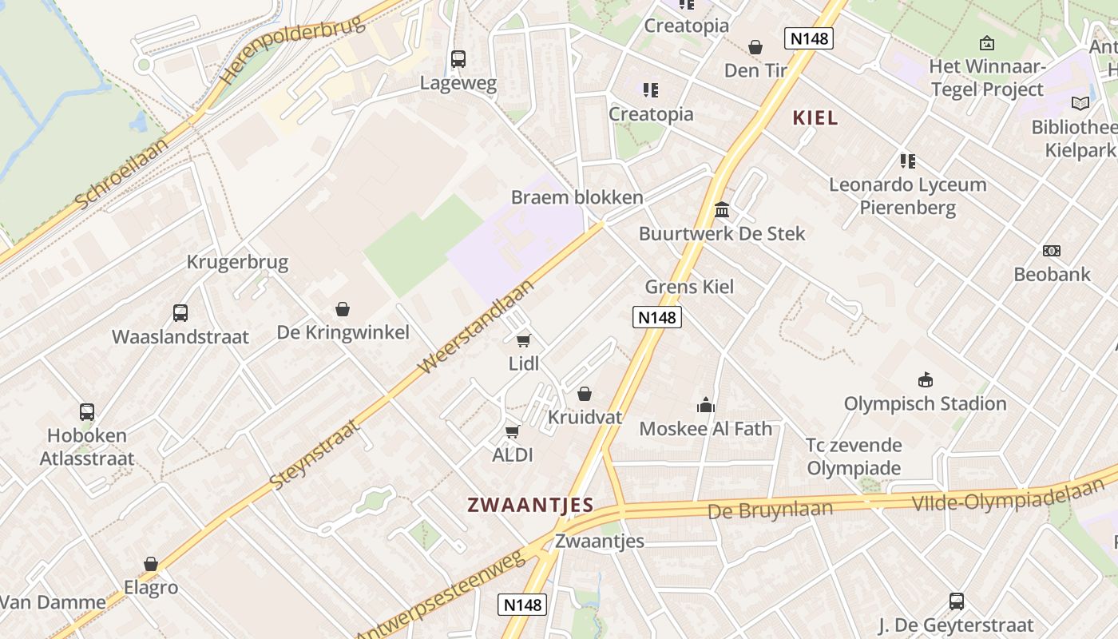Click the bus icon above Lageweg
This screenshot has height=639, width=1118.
(458, 59)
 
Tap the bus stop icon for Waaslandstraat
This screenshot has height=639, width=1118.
(180, 313)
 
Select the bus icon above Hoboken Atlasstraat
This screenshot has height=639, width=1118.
(87, 412)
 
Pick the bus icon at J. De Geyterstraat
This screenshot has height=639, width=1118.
(956, 601)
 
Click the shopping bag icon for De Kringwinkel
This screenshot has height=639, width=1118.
(343, 309)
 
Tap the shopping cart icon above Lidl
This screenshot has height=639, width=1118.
(524, 341)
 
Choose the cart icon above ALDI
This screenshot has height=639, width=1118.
(513, 431)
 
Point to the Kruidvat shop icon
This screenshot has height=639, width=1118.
(585, 394)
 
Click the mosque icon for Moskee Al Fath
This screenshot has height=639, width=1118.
(706, 405)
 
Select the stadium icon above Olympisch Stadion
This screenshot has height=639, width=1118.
(926, 379)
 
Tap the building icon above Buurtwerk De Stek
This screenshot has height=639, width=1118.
(722, 209)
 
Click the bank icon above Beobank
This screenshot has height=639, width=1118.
(1052, 251)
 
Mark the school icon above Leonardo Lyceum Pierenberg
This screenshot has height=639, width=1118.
(907, 161)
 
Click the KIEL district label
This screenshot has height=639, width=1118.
(815, 118)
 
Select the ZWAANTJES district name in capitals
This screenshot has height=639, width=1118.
(530, 505)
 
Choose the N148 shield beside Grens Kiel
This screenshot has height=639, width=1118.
(657, 317)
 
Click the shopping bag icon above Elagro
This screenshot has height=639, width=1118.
(151, 565)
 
